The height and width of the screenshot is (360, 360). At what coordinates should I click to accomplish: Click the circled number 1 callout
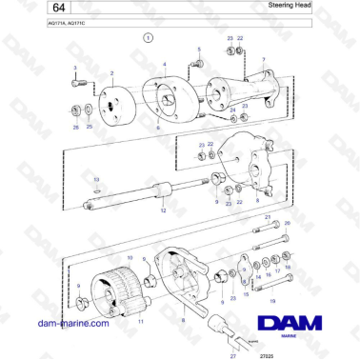(149, 39)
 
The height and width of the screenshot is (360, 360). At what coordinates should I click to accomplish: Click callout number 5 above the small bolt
(199, 48)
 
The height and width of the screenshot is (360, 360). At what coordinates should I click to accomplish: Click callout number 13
(95, 178)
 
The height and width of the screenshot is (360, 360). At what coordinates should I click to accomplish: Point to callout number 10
(130, 257)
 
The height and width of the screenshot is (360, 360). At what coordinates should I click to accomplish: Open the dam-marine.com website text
(72, 323)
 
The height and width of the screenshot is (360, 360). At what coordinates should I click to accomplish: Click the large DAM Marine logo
(297, 327)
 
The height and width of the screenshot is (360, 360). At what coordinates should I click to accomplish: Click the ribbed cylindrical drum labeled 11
(111, 288)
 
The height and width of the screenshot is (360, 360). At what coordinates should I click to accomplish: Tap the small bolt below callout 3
(75, 85)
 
